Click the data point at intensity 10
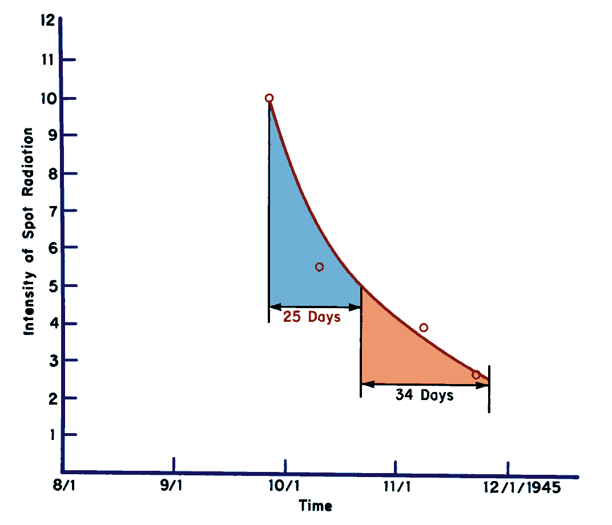coord(269,98)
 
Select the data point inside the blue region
coord(319,267)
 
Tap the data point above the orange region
coord(423,328)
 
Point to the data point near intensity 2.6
coord(476,375)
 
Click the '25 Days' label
coord(312,317)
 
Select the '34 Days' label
coord(425,395)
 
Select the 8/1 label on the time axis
coord(63,488)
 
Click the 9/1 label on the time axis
coord(172,488)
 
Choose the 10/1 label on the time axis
coord(284,488)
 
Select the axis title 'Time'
coord(315,506)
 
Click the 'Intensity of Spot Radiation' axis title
coord(29,231)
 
